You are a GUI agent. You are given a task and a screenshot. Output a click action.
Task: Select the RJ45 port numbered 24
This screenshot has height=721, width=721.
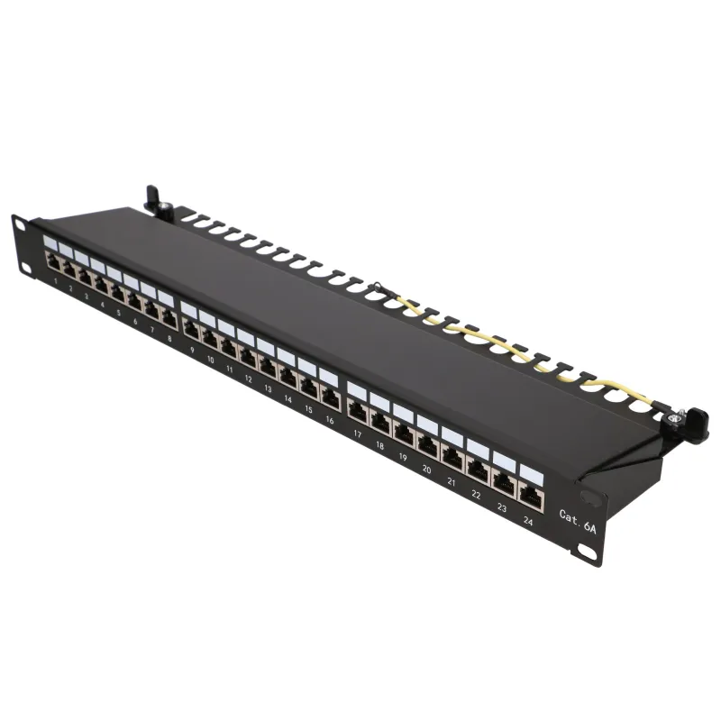coord(530,495)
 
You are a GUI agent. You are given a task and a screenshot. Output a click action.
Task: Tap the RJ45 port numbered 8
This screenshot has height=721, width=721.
coord(169,318)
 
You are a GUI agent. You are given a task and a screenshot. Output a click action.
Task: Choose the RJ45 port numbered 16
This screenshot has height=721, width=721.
coord(330,397)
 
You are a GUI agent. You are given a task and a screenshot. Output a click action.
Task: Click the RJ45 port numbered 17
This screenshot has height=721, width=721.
coord(357,411)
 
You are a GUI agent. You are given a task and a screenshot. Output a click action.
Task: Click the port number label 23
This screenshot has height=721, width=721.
coord(501,507)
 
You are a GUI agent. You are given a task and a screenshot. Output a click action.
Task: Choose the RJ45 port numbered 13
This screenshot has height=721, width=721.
coord(268,367)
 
